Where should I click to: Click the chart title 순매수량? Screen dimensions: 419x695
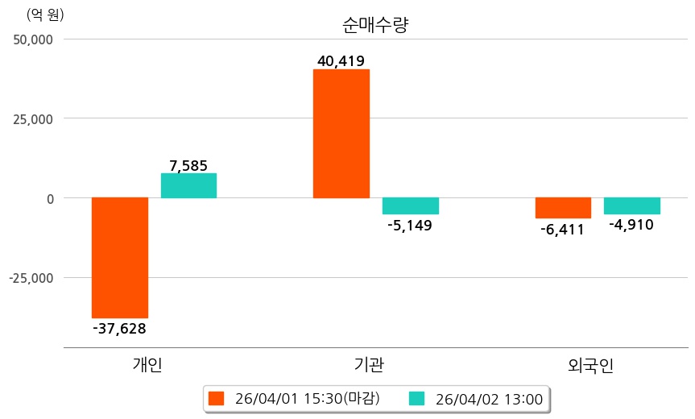point(376,24)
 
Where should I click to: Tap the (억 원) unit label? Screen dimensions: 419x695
point(45,15)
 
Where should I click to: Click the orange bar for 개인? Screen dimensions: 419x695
point(120,258)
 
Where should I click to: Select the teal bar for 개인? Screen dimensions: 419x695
point(188,186)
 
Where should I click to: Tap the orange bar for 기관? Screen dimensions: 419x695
point(341,134)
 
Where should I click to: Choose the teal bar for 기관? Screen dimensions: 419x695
point(410,206)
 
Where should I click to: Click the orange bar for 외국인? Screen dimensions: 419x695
point(563,208)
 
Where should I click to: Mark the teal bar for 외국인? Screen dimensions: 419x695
point(631,205)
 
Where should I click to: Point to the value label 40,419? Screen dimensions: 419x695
point(341,60)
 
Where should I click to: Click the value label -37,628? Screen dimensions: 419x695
point(120,328)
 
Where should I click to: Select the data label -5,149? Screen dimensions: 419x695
point(410,226)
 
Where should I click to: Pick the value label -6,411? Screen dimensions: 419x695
point(563,230)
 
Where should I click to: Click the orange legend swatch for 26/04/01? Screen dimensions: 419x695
point(215,398)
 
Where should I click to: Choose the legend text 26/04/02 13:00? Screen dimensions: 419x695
point(489,398)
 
